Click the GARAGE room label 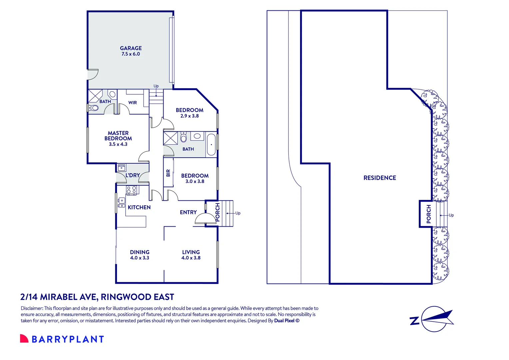tap(131, 48)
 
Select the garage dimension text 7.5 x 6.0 tap(131, 54)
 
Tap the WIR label tap(132, 103)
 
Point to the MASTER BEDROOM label tap(118, 136)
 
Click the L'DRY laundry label tap(133, 175)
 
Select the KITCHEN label tap(139, 207)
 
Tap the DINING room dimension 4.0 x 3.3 tap(140, 258)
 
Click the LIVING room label tap(191, 252)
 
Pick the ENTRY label tap(188, 212)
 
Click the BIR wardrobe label tap(168, 173)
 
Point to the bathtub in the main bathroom tap(211, 144)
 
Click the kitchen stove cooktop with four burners tap(131, 190)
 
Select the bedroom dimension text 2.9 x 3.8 tap(190, 116)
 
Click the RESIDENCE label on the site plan tap(380, 178)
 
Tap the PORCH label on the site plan tap(429, 214)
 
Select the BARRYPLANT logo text tap(68, 339)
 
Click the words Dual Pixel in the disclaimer tap(284, 321)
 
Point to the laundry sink tap(121, 167)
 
